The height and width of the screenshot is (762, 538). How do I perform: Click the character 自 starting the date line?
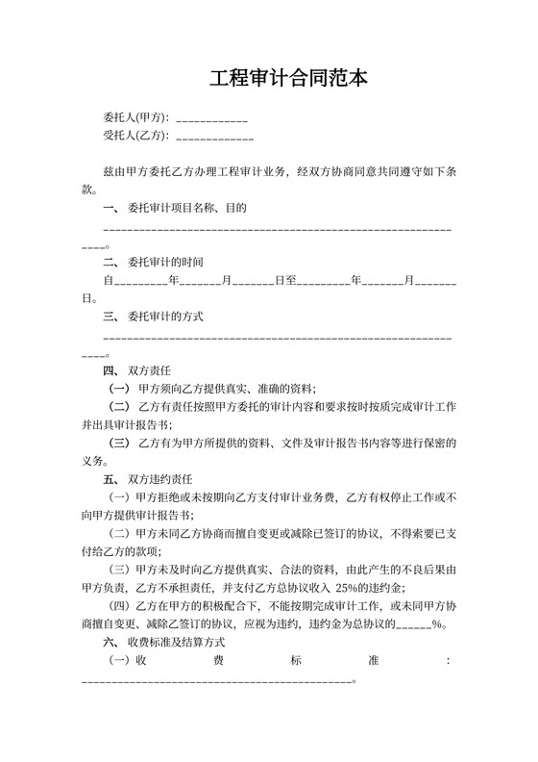(108, 280)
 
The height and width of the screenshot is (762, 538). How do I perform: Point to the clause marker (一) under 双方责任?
(120, 389)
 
